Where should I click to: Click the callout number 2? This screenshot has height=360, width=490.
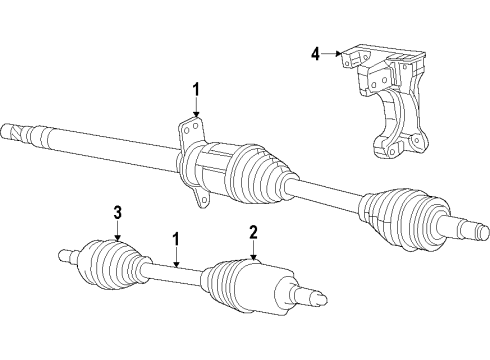[x=254, y=232]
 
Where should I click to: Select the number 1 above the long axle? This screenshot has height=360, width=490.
[x=196, y=88]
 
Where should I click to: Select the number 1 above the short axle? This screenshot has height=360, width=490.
[x=176, y=240]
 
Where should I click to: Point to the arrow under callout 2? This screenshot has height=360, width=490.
[x=254, y=252]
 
